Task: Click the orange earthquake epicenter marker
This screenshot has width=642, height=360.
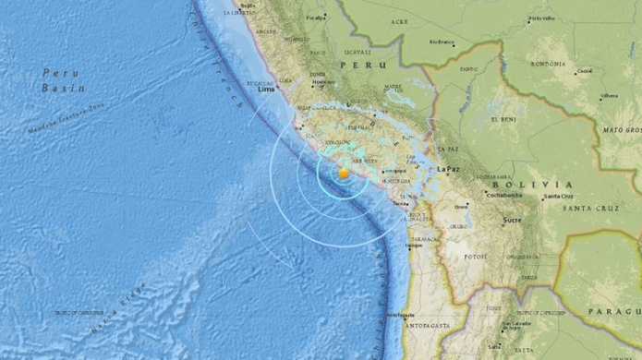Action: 344,172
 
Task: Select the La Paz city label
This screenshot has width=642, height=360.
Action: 449,169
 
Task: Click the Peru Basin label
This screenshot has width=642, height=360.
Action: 64,79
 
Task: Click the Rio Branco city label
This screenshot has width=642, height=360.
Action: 442,42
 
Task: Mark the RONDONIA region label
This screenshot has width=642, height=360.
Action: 548,63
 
